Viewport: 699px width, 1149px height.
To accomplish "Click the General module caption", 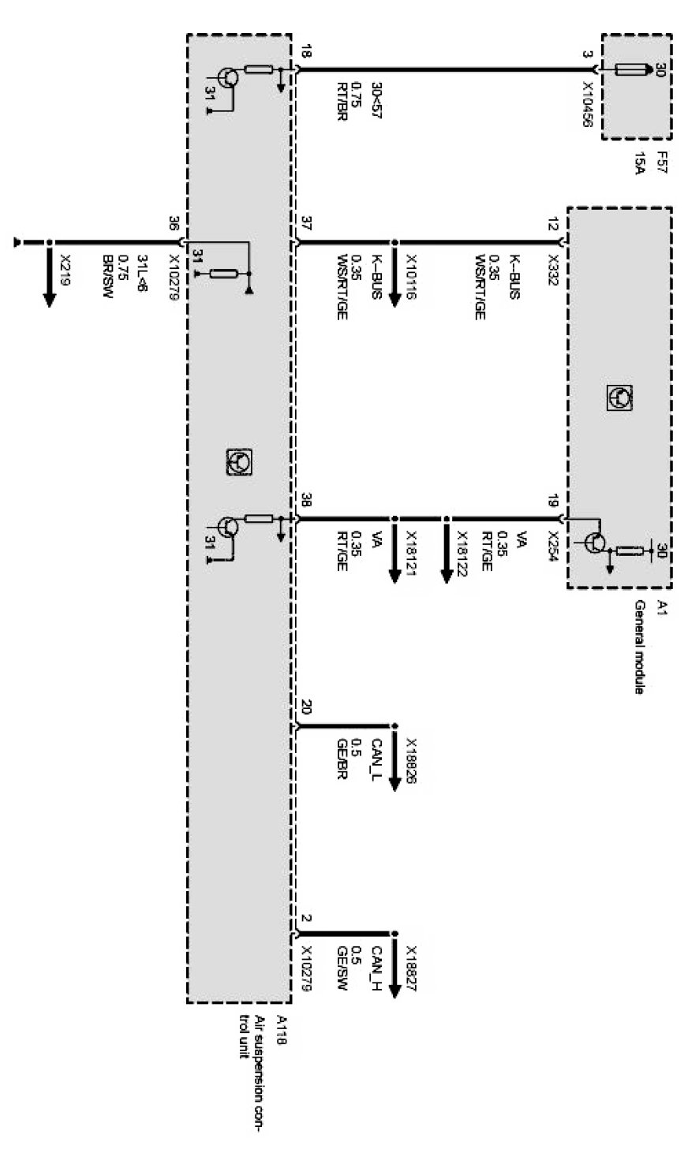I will [x=640, y=647].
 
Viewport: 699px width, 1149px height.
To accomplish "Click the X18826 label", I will [x=411, y=762].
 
